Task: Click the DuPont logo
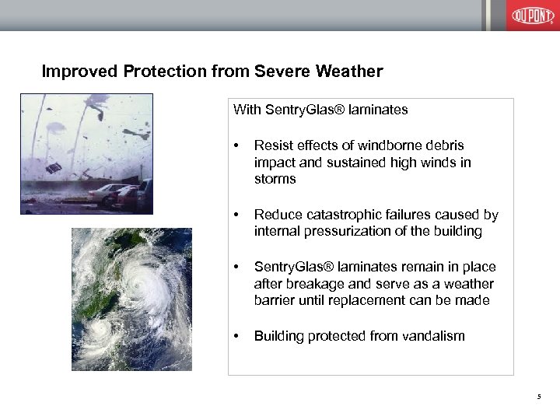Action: pyautogui.click(x=533, y=16)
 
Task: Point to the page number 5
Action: pyautogui.click(x=538, y=398)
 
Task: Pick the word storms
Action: pyautogui.click(x=275, y=179)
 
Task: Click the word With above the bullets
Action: pyautogui.click(x=247, y=110)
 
